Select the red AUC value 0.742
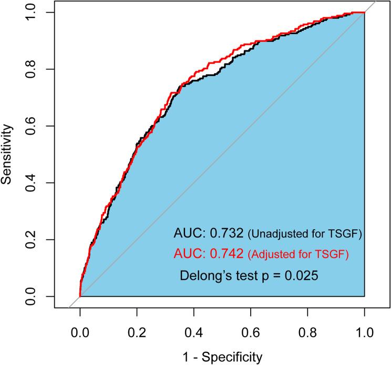(227, 254)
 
